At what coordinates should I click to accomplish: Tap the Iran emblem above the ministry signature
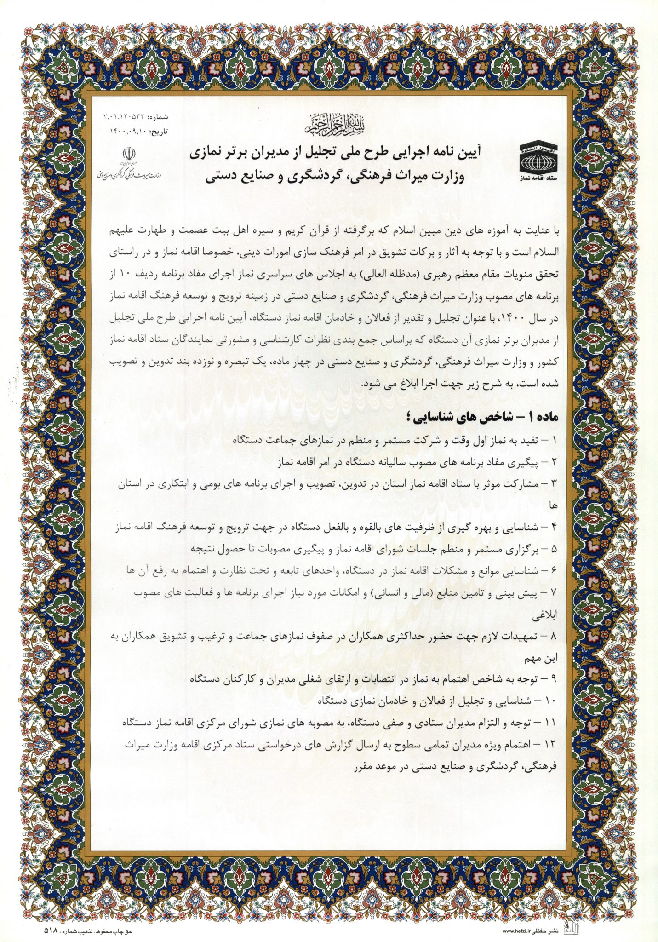[131, 154]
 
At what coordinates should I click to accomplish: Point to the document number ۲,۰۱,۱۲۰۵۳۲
[125, 116]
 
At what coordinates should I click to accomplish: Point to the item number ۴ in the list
[554, 527]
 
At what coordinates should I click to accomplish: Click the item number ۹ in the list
[554, 678]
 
